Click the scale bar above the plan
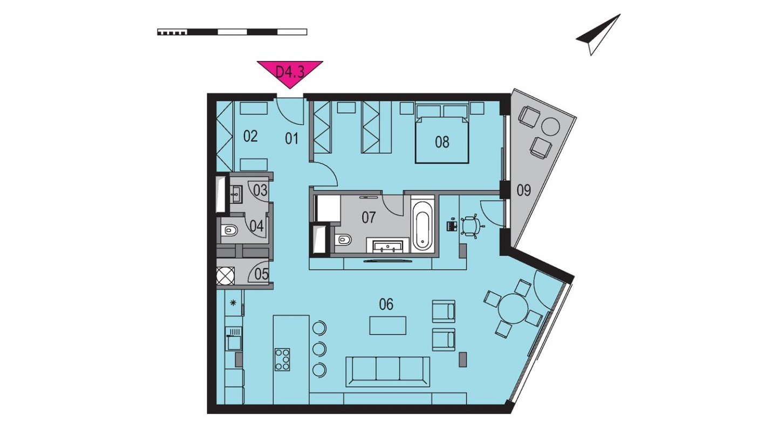pos(232,32)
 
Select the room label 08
pos(442,142)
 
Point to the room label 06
pos(386,304)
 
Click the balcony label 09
pos(523,190)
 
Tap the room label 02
pos(250,137)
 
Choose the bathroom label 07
pos(369,218)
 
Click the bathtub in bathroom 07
pos(422,225)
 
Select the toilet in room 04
pos(230,229)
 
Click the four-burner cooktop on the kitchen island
pos(282,360)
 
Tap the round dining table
pos(513,308)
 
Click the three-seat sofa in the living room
pos(387,371)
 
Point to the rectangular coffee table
pos(387,325)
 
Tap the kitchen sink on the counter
pos(233,338)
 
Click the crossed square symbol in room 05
pos(226,276)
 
